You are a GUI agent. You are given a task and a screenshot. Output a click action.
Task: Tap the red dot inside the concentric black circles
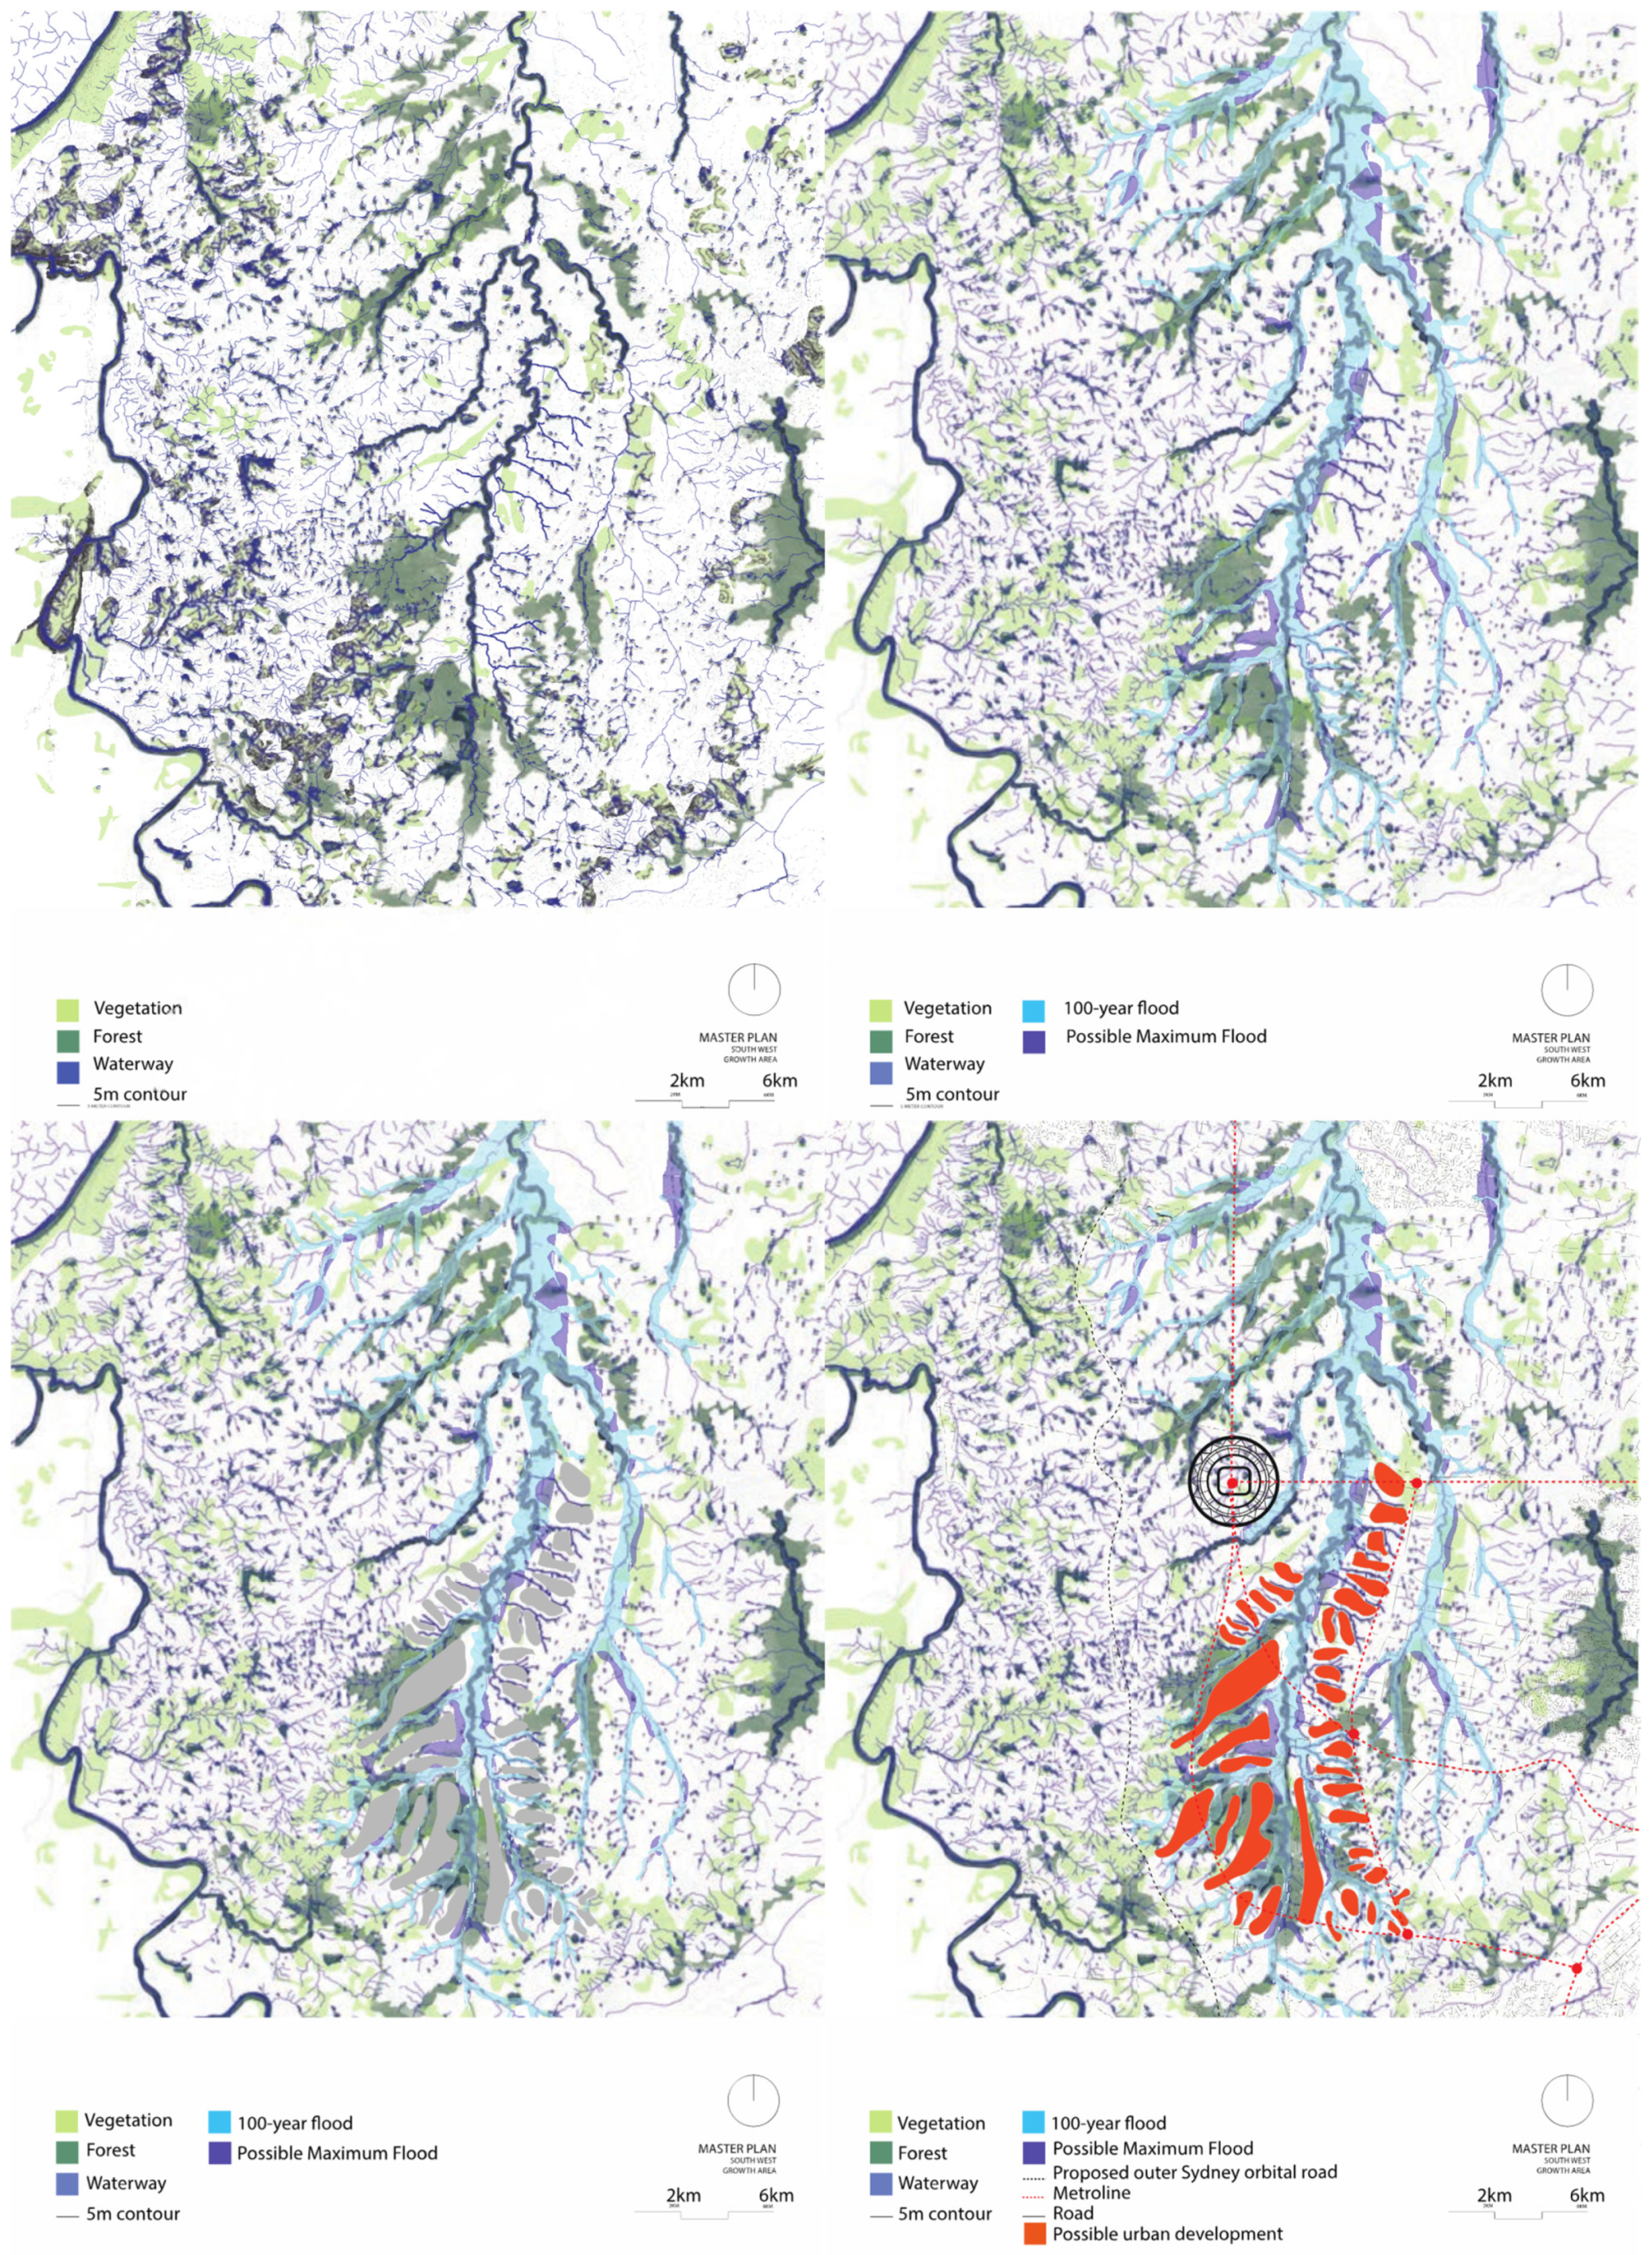[x=1233, y=1484]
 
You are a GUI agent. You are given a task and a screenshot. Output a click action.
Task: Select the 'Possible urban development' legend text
[x=1167, y=2233]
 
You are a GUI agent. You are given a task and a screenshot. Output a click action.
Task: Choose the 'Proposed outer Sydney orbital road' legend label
[x=1194, y=2171]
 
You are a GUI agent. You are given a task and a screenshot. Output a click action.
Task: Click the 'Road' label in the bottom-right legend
[x=1073, y=2212]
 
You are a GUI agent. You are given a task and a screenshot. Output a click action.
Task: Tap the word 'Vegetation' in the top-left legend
[x=137, y=1008]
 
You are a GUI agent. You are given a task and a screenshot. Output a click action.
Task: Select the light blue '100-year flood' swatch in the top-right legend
[x=1034, y=1009]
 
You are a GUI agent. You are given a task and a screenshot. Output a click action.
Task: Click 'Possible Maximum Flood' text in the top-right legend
[x=1166, y=1036]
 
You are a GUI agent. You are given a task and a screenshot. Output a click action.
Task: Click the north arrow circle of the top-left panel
[x=755, y=990]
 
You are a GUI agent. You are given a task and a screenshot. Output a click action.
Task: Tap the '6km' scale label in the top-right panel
[x=1587, y=1080]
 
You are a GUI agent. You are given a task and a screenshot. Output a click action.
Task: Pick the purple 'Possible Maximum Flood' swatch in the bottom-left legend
[x=220, y=2153]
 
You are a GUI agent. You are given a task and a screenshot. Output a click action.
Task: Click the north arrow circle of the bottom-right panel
[x=1566, y=2101]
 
